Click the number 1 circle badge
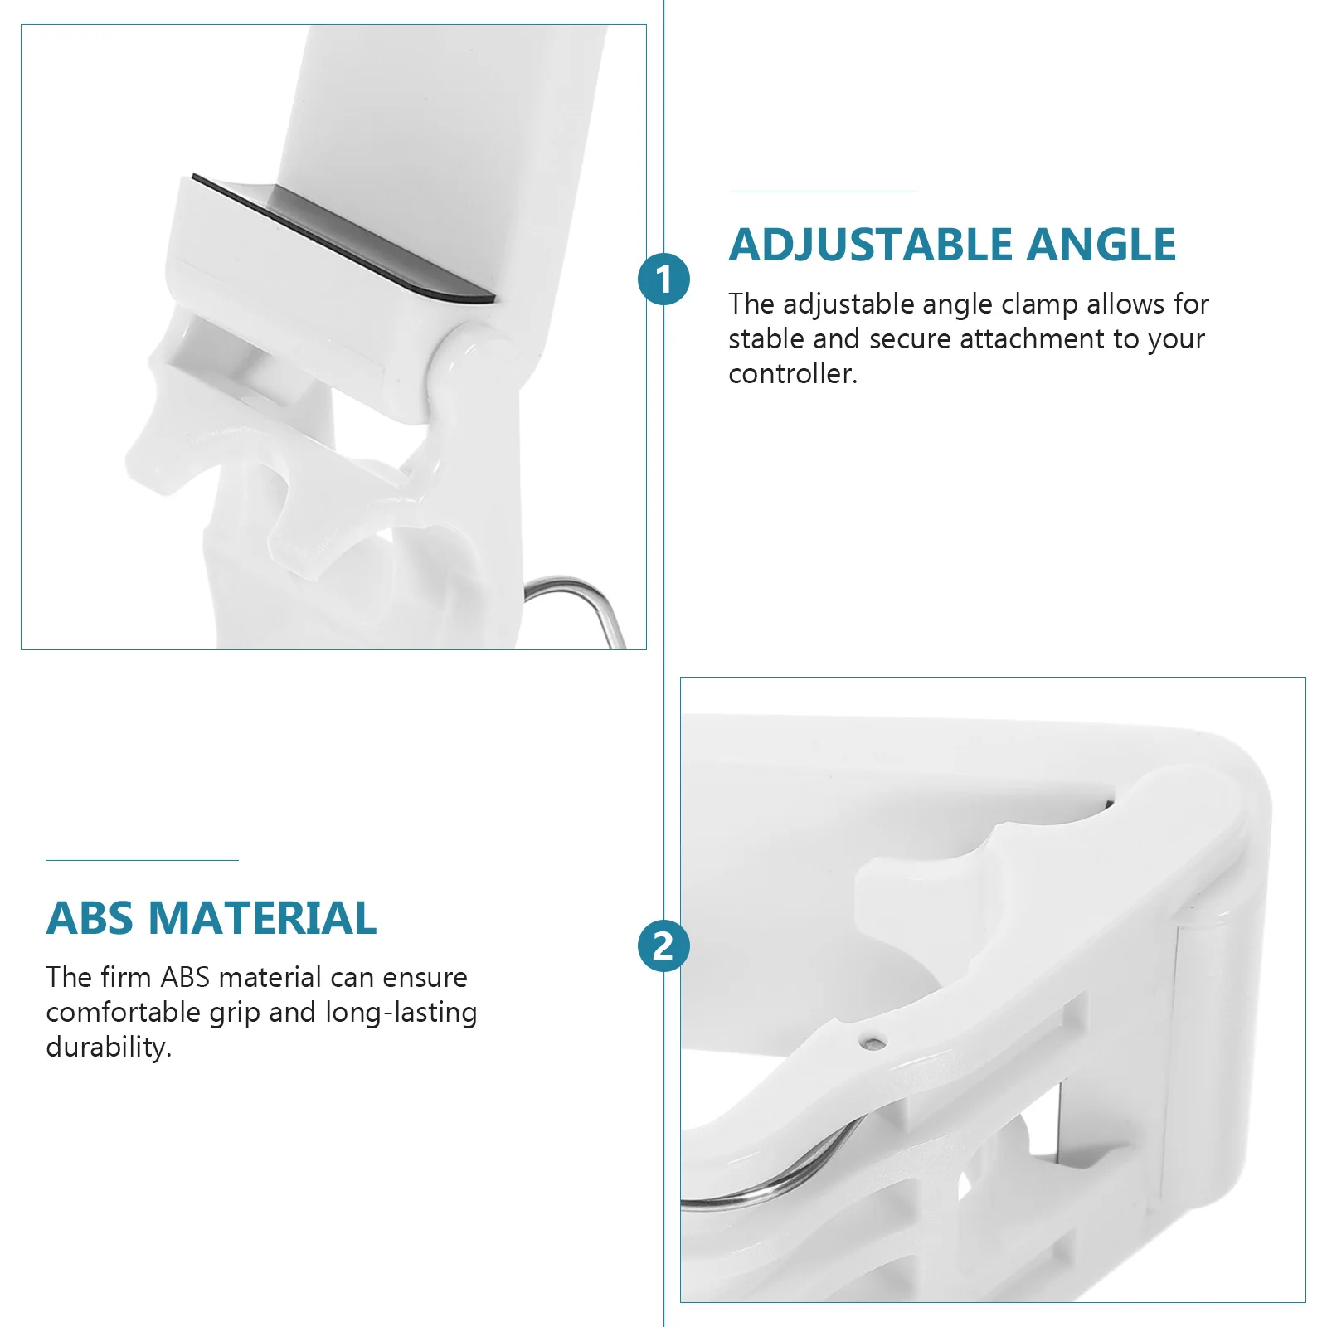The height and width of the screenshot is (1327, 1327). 663,279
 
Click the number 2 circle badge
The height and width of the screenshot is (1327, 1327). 663,945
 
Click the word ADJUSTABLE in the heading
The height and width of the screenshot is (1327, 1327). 871,245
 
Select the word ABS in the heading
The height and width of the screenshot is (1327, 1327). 90,918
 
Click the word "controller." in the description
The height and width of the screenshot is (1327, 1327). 793,374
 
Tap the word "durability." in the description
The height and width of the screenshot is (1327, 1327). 109,1047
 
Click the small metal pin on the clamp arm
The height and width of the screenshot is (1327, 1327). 871,1042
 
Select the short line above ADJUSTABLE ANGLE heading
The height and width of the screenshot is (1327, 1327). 823,192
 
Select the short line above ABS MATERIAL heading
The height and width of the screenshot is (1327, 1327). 142,860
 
